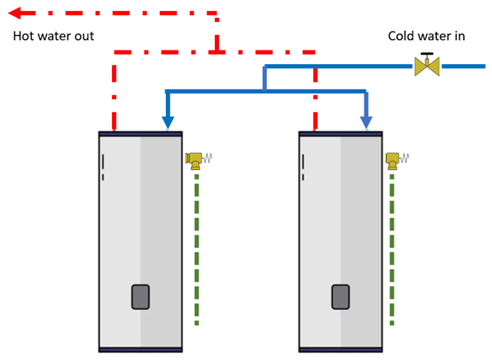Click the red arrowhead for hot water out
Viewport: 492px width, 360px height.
click(x=15, y=13)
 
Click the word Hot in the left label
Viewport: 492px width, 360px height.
click(x=23, y=36)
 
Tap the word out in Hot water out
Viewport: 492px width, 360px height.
click(x=84, y=37)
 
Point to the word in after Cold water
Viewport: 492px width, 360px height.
click(x=459, y=36)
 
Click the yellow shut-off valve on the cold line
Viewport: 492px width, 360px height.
click(x=427, y=66)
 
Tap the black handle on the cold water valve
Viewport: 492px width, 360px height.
click(x=427, y=54)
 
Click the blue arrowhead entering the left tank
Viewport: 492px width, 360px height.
click(x=168, y=122)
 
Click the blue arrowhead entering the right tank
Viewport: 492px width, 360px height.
click(x=366, y=122)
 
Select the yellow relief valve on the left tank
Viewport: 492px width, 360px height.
click(x=194, y=161)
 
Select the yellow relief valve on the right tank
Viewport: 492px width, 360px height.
click(x=392, y=161)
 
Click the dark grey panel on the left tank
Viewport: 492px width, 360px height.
click(x=140, y=297)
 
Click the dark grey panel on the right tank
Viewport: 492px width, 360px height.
click(x=341, y=297)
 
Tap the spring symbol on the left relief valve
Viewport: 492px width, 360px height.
click(x=207, y=158)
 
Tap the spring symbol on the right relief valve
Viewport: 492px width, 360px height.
click(x=404, y=158)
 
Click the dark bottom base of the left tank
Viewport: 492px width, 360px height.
click(x=140, y=350)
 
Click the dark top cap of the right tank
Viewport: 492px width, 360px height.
click(x=341, y=134)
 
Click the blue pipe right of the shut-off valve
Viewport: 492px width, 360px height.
click(x=464, y=66)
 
